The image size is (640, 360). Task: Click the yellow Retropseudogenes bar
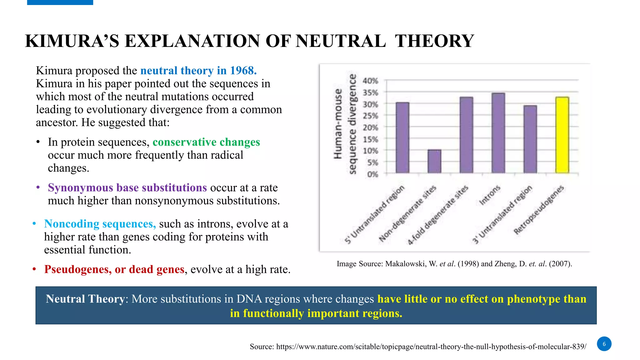tap(562, 135)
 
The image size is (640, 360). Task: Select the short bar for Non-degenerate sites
tap(434, 161)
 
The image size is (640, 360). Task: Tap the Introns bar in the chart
tap(498, 133)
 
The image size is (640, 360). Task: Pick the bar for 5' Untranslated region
tap(402, 137)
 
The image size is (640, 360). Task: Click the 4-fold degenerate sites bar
tap(466, 135)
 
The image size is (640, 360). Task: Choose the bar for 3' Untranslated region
tap(530, 139)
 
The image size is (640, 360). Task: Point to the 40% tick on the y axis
tap(370, 81)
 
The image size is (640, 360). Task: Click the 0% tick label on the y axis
tap(372, 174)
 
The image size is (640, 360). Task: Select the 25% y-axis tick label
tap(370, 116)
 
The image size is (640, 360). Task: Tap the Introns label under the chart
tap(490, 195)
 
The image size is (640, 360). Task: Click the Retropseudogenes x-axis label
tap(539, 209)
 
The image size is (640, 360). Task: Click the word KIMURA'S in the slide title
tap(72, 41)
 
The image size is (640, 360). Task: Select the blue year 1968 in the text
tap(243, 71)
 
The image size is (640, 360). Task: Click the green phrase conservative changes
tap(206, 142)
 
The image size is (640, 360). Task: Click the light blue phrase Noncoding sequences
tap(100, 224)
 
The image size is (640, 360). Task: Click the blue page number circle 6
tap(604, 344)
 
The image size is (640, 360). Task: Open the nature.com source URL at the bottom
tap(431, 347)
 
